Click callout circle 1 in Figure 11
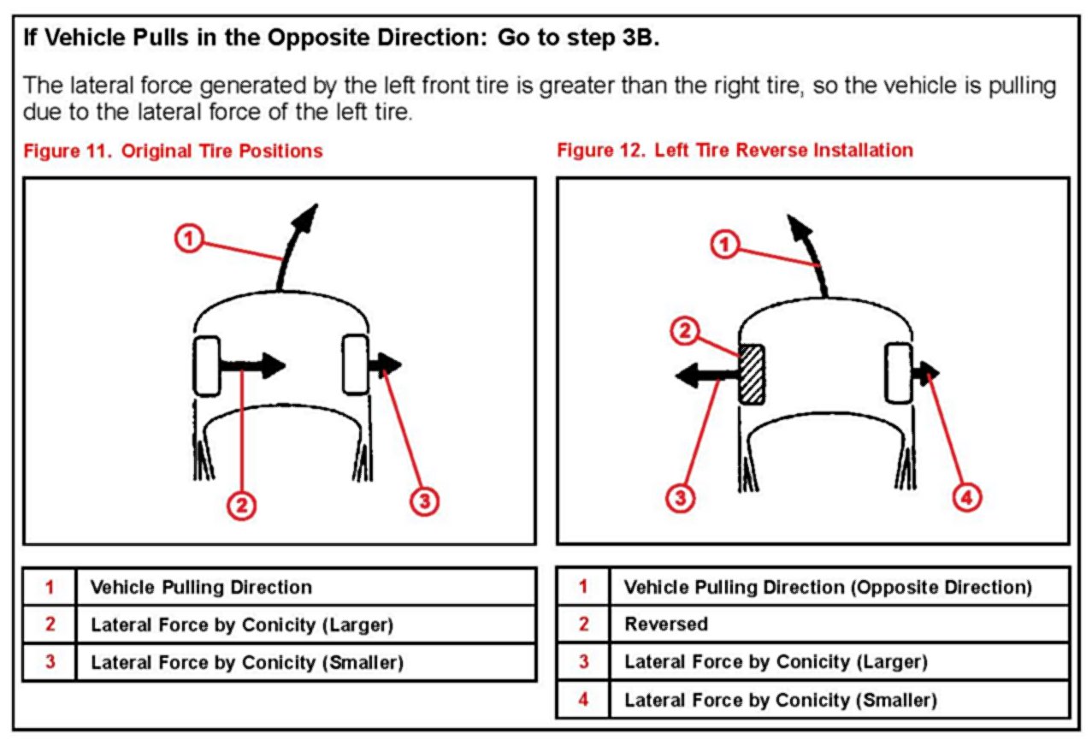click(189, 238)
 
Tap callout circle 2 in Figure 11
click(242, 506)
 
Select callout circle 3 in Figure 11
click(424, 500)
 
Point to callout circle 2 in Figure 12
click(683, 332)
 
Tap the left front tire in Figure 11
click(207, 366)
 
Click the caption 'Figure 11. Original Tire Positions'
click(174, 151)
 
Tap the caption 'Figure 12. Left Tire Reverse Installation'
click(735, 151)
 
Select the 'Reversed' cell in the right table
click(666, 625)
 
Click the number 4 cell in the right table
click(583, 700)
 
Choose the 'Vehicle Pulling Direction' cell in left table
click(201, 588)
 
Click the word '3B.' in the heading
click(639, 40)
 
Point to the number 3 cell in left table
click(50, 662)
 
